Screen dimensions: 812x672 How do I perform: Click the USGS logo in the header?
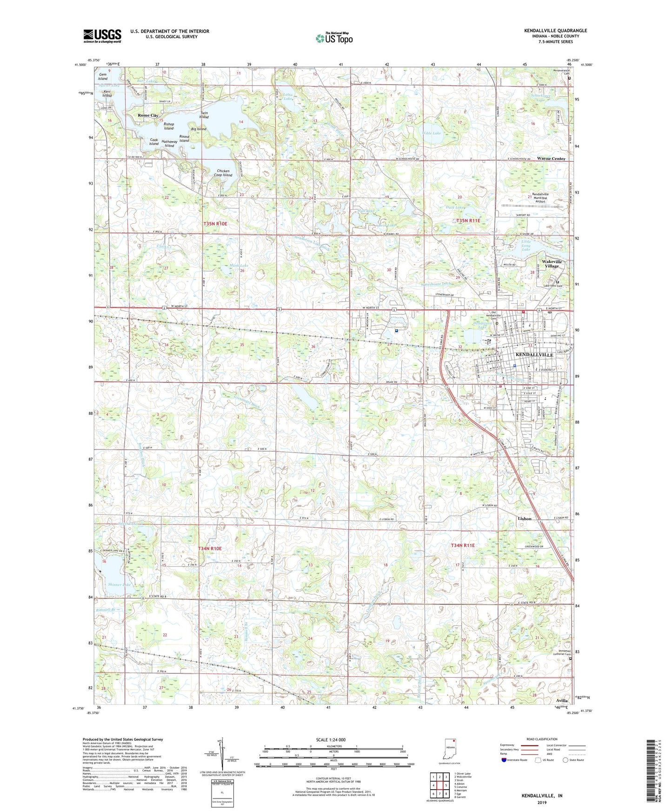(102, 36)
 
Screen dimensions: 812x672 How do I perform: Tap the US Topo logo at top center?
(334, 38)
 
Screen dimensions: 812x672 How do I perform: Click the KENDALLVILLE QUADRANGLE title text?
(555, 31)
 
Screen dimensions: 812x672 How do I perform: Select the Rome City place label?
(148, 115)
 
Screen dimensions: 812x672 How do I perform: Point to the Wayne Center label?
(551, 159)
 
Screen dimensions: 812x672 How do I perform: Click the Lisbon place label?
(524, 519)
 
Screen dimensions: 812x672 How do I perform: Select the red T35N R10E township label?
(215, 224)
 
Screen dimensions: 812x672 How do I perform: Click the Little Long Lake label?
(526, 246)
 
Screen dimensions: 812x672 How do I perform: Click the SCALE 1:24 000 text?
(330, 739)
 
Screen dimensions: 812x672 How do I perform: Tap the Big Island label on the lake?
(199, 129)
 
